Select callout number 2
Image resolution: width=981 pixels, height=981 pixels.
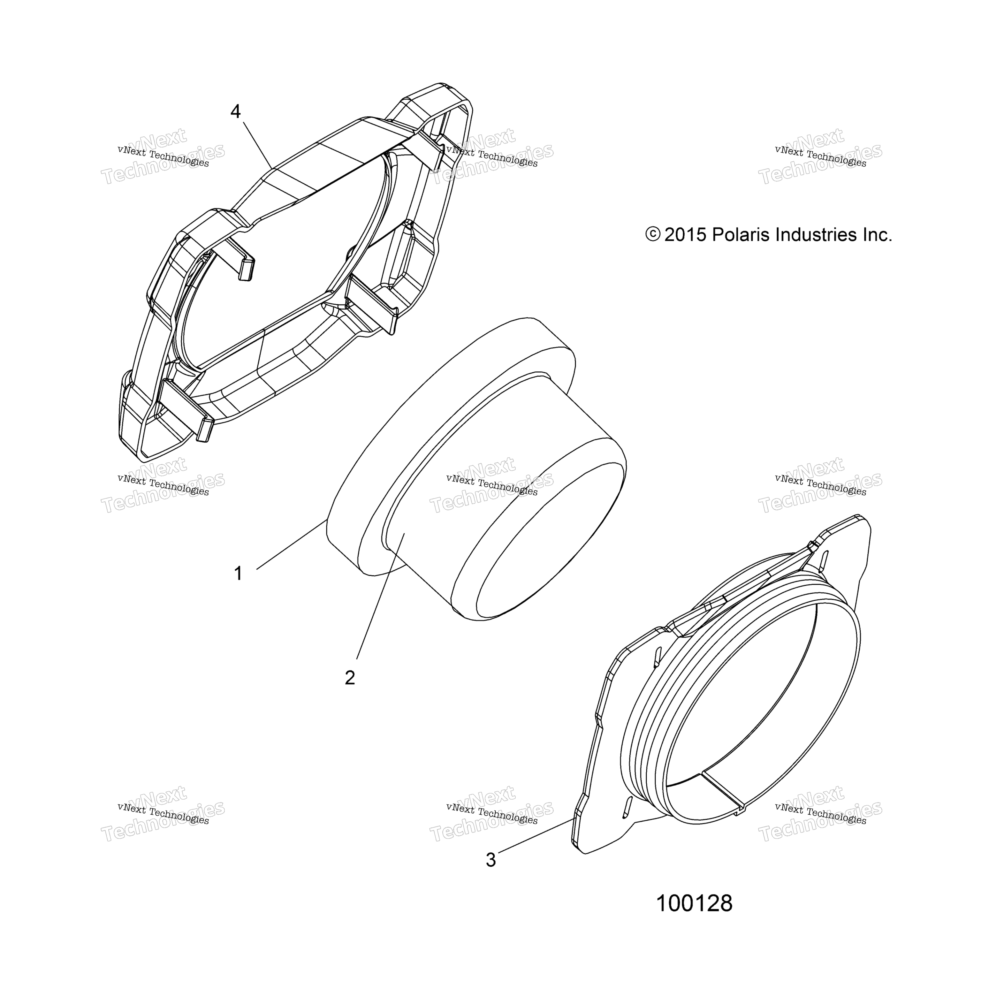(x=350, y=678)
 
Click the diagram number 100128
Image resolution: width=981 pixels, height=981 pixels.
(x=694, y=903)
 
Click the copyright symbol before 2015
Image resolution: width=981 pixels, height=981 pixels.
(x=653, y=235)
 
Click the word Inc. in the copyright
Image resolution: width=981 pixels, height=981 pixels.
(x=878, y=235)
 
